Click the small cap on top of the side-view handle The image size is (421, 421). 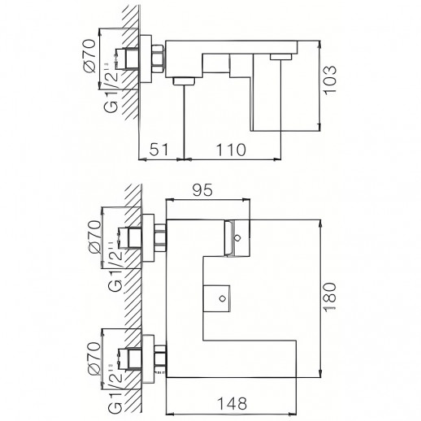pos(281,57)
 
